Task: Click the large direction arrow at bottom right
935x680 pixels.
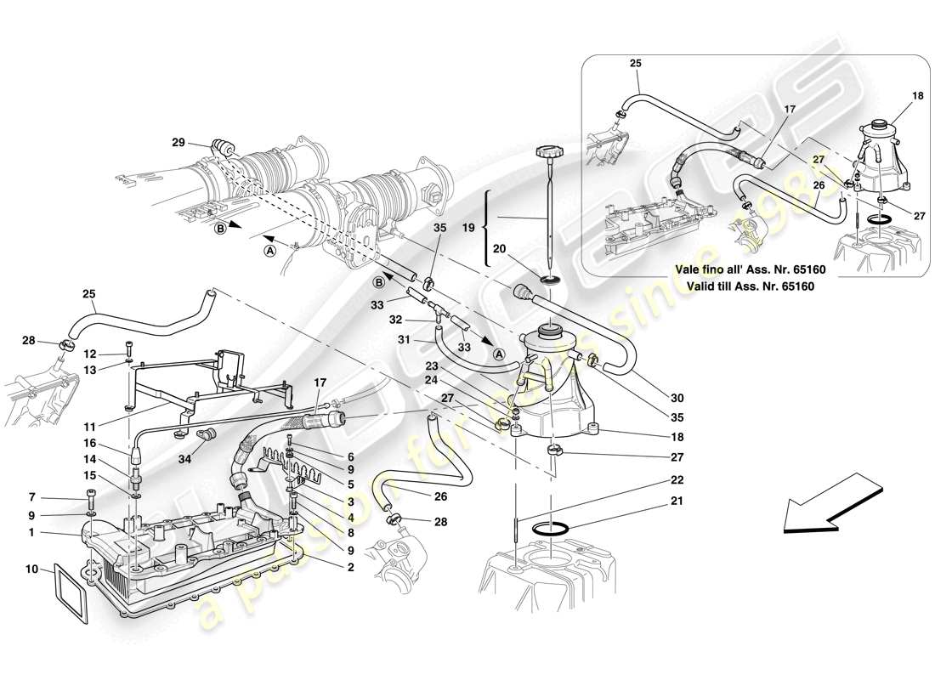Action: (x=830, y=505)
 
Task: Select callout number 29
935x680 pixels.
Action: (x=177, y=143)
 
